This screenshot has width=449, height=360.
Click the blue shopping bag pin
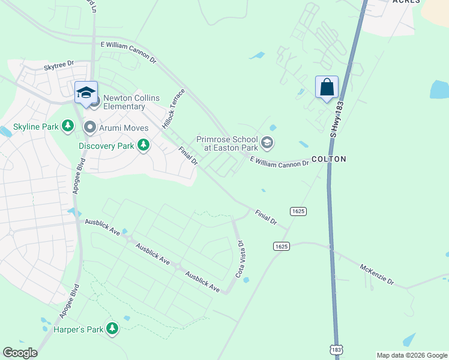(x=327, y=88)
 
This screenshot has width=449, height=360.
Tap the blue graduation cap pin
(x=86, y=93)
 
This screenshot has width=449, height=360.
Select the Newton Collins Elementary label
(x=124, y=102)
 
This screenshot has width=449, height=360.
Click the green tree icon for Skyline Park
(x=68, y=127)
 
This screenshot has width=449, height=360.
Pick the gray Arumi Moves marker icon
(x=90, y=127)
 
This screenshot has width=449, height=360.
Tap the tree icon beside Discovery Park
(x=143, y=145)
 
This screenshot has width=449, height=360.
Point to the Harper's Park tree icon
(x=112, y=328)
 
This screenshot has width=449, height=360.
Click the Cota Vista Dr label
(x=241, y=259)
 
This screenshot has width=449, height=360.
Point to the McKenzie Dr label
(x=377, y=274)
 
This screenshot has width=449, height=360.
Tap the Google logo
(x=20, y=353)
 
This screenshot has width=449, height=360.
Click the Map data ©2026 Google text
(x=411, y=355)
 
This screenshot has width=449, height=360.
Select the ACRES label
(x=406, y=2)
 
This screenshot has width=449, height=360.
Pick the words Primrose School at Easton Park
(x=227, y=143)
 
